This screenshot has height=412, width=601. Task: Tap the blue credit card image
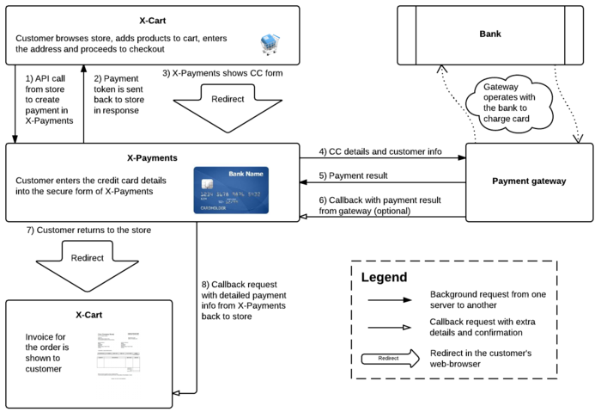231,189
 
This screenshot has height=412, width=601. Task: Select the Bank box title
489,34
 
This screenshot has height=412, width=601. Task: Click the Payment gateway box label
529,181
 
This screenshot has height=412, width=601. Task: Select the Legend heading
384,278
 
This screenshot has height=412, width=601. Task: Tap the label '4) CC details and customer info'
380,151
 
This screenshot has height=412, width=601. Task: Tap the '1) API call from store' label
48,92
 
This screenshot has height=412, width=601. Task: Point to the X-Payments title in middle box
151,159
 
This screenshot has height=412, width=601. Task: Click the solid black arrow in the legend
391,300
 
